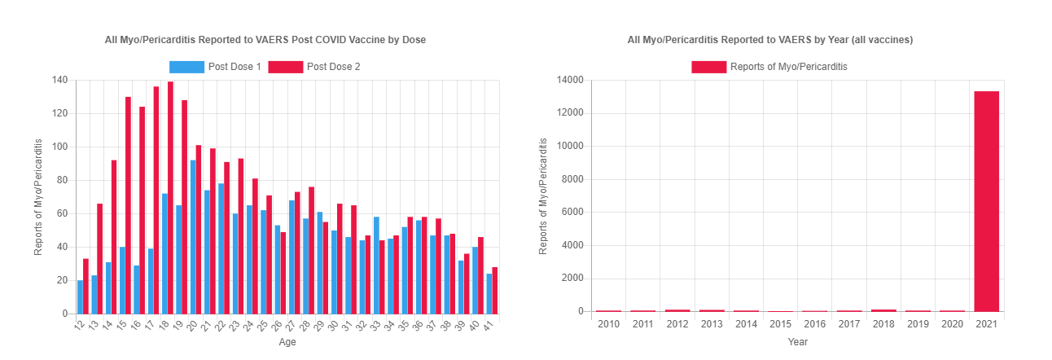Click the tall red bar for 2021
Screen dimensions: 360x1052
(x=986, y=201)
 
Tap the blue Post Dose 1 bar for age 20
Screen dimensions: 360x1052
(x=192, y=237)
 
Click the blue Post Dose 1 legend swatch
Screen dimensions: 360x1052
(x=186, y=67)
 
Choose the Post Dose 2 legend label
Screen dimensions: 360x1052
(x=333, y=67)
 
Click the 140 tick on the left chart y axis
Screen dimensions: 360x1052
(x=59, y=80)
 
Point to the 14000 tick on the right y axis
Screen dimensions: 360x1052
(x=571, y=80)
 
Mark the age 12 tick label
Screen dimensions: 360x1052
(x=78, y=325)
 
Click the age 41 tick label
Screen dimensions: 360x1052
(x=489, y=325)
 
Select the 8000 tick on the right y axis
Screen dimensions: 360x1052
(x=573, y=179)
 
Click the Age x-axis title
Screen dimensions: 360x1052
(x=287, y=342)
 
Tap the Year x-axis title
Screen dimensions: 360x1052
(x=798, y=342)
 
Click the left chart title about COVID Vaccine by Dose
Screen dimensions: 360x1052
(x=265, y=39)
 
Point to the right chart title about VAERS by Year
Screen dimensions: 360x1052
(x=769, y=39)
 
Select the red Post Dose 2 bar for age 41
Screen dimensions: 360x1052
(x=494, y=291)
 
